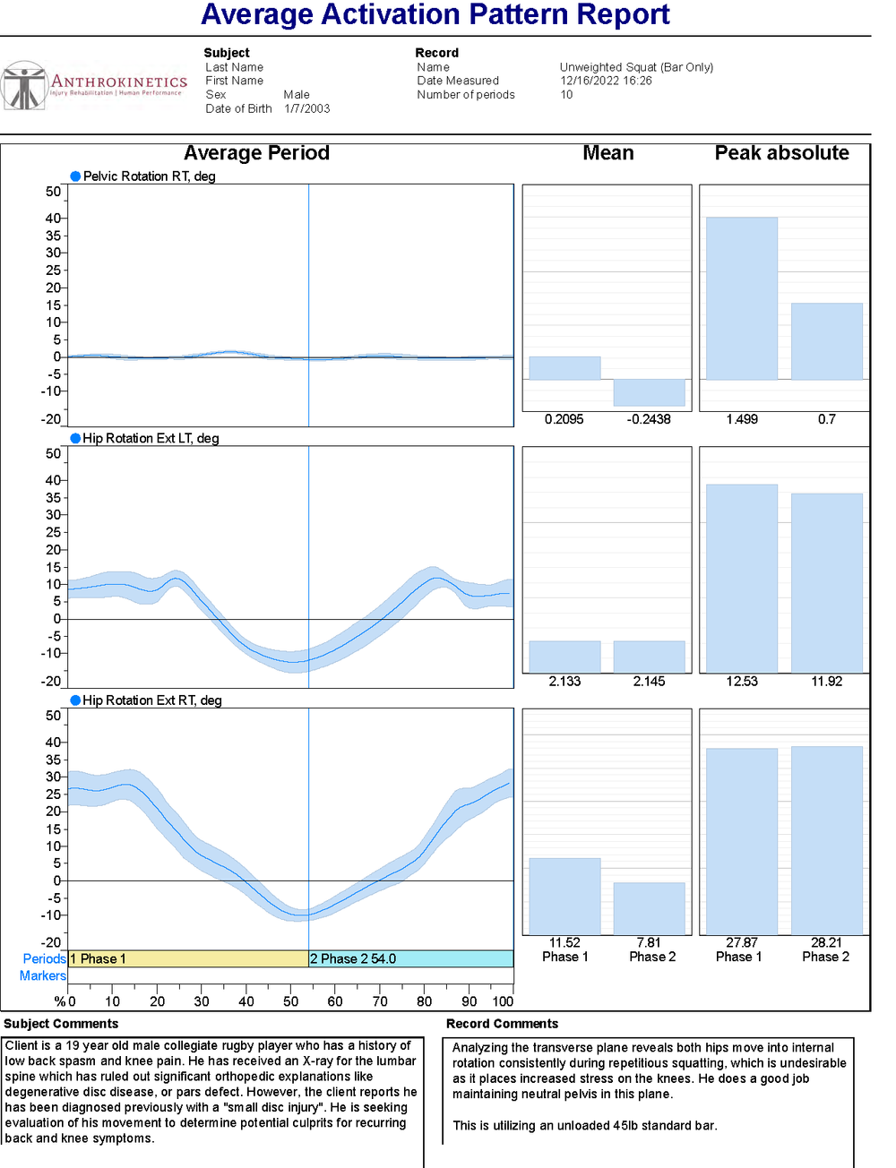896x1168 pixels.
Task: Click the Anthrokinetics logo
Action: pos(94,86)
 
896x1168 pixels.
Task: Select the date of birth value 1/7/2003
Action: pos(306,108)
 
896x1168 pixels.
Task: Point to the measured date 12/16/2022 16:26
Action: pos(606,81)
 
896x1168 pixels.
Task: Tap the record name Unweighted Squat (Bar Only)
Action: pos(636,67)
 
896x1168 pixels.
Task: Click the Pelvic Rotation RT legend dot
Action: pos(75,176)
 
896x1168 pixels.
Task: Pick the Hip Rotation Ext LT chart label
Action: pos(151,438)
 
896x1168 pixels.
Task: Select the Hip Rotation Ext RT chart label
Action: pos(151,700)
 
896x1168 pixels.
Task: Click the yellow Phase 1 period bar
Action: pos(188,958)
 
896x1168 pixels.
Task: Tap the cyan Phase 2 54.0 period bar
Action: pos(410,958)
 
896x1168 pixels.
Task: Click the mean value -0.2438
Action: pos(649,419)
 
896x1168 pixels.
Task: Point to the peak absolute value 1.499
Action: pos(742,419)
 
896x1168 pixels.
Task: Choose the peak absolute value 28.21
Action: pos(826,942)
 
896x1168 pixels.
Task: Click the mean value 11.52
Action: pos(564,942)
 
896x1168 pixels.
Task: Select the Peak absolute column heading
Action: pos(781,153)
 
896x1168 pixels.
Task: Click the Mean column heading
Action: pos(607,153)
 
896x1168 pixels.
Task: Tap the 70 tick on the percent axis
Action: pos(380,1001)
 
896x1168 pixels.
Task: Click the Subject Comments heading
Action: pos(61,1024)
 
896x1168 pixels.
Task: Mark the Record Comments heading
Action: pos(502,1024)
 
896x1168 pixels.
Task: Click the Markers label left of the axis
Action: pos(43,975)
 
